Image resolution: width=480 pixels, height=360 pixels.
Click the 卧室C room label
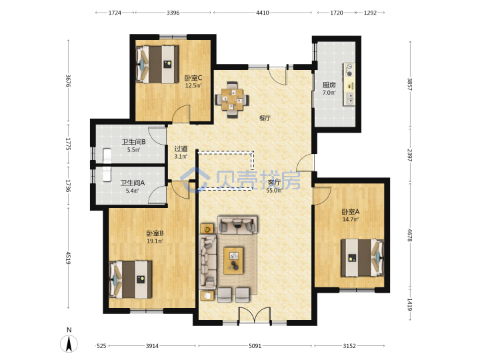pyautogui.click(x=193, y=78)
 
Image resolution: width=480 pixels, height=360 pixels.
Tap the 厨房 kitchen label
pyautogui.click(x=329, y=85)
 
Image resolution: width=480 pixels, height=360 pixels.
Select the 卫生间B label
pyautogui.click(x=133, y=142)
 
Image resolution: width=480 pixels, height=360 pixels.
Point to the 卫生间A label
pyautogui.click(x=132, y=183)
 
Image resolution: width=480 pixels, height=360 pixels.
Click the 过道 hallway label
pyautogui.click(x=181, y=149)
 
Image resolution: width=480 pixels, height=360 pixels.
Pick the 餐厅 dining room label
pyautogui.click(x=265, y=118)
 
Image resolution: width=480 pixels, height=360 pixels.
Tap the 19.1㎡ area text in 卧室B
pyautogui.click(x=155, y=241)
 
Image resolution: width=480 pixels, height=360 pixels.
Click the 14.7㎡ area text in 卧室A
pyautogui.click(x=351, y=219)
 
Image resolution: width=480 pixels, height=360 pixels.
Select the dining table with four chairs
pyautogui.click(x=232, y=99)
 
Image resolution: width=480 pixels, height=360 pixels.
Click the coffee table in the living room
pyautogui.click(x=233, y=261)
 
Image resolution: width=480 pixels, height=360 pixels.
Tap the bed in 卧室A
pyautogui.click(x=363, y=258)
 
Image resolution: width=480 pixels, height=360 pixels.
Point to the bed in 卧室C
pyautogui.click(x=157, y=64)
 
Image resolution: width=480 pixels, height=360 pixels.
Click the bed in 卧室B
pyautogui.click(x=131, y=279)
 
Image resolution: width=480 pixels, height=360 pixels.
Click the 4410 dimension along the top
pyautogui.click(x=263, y=13)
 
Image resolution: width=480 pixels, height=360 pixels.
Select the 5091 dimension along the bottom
pyautogui.click(x=255, y=346)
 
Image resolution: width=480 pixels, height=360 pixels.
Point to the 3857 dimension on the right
pyautogui.click(x=409, y=83)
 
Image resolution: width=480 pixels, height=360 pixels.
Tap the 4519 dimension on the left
pyautogui.click(x=69, y=258)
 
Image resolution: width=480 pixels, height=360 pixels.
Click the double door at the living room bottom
pyautogui.click(x=255, y=315)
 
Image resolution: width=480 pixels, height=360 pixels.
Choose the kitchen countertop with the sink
pyautogui.click(x=349, y=84)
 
